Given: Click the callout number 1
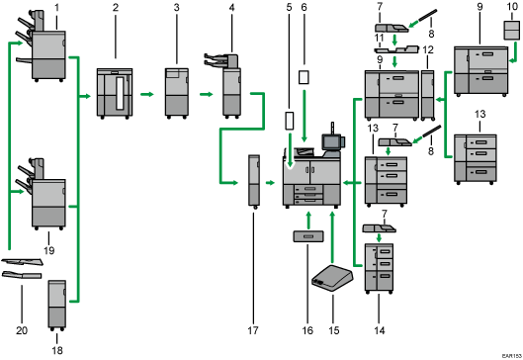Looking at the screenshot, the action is (x=56, y=7).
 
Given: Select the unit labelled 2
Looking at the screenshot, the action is (x=115, y=93).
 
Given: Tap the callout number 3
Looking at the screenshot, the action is (x=176, y=7).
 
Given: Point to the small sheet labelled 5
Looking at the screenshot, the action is (x=290, y=121).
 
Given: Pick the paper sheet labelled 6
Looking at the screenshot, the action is (x=304, y=77).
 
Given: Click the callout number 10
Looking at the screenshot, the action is (x=512, y=7).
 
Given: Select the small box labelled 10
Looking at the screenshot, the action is (x=512, y=30).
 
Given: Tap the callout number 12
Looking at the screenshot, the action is (x=428, y=50).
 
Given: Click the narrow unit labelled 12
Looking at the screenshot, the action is (x=428, y=95).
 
